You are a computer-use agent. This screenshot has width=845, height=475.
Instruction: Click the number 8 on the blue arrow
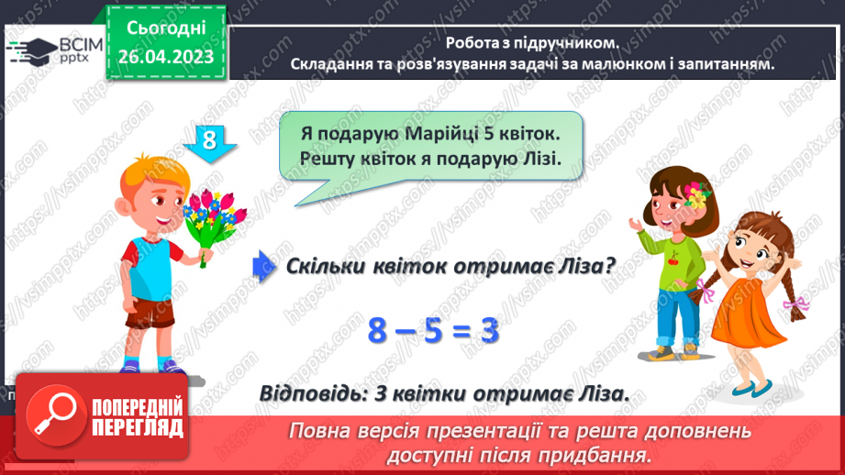click(209, 140)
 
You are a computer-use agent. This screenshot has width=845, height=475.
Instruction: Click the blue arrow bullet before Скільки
click(264, 265)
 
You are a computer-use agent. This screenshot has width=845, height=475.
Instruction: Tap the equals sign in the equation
click(462, 331)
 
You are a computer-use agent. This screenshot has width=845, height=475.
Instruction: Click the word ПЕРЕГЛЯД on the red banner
click(137, 428)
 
